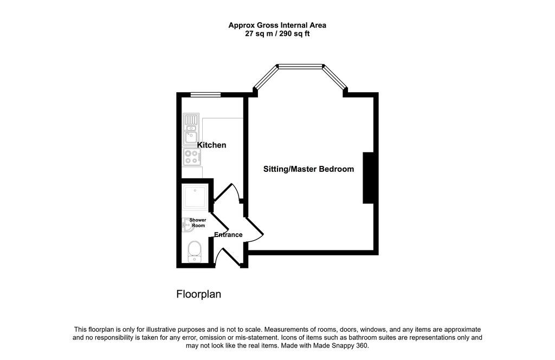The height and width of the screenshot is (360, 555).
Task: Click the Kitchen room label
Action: [x=211, y=145]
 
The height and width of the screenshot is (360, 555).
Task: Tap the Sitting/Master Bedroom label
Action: [x=308, y=169]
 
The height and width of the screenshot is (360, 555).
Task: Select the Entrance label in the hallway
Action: [x=228, y=235]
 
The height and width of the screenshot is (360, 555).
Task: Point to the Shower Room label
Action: [x=197, y=222]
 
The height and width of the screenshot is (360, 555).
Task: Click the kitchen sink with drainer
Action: [x=191, y=129]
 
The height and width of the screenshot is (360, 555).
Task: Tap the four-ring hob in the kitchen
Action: [x=191, y=157]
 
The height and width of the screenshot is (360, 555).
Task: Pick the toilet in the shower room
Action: [x=194, y=252]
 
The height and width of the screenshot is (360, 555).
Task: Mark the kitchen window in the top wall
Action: [x=205, y=95]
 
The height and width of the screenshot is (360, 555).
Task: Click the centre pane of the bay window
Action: [x=301, y=67]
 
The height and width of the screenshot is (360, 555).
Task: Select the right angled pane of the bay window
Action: [x=335, y=78]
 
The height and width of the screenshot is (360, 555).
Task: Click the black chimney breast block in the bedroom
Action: [x=369, y=178]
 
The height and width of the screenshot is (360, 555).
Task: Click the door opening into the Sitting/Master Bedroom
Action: [x=255, y=228]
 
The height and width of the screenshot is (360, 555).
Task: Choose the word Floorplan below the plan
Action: [x=198, y=294]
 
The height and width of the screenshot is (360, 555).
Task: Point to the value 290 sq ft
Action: [x=294, y=34]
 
